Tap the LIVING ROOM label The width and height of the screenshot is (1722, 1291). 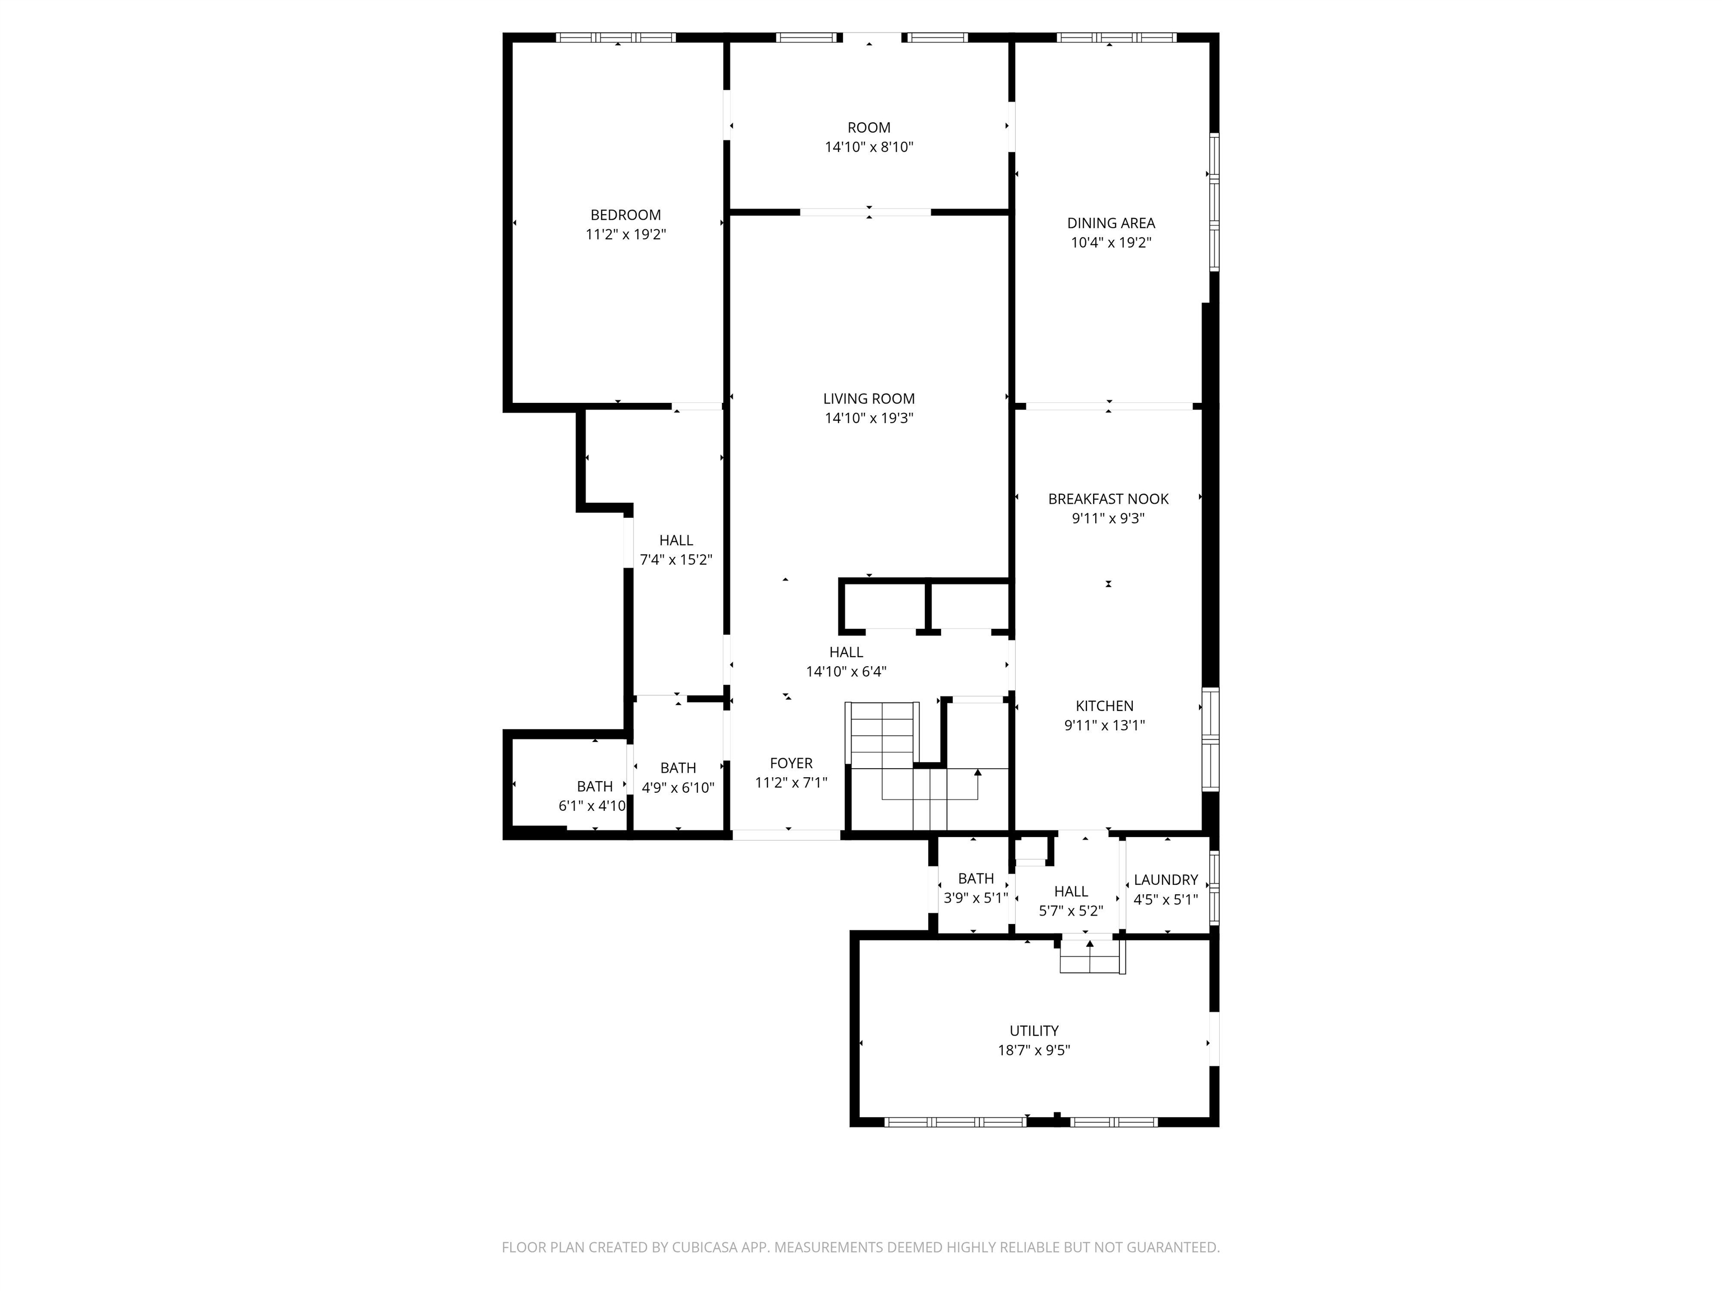(869, 398)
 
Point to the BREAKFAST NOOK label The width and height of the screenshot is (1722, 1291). (1109, 499)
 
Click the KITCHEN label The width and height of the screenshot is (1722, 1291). (1105, 706)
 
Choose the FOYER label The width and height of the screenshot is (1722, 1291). (791, 763)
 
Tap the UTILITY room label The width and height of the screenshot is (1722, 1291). (1034, 1030)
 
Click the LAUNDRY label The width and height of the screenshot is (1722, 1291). (1165, 879)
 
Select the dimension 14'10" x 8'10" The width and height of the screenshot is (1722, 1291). (869, 147)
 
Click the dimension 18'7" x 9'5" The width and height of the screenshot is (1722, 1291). (1034, 1049)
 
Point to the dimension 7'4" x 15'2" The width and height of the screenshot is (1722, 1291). (675, 560)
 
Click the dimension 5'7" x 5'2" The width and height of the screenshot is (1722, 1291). (1071, 911)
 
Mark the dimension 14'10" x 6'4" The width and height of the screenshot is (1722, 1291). (846, 672)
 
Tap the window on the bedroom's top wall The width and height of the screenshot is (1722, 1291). (616, 38)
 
